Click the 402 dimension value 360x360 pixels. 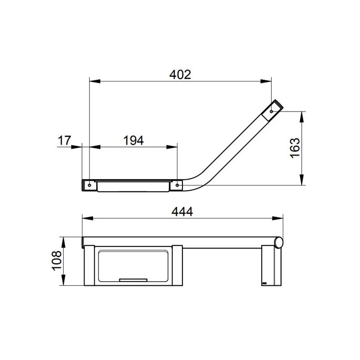coord(180,74)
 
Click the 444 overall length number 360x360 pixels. coord(182,212)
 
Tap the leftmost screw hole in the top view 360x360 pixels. coord(90,185)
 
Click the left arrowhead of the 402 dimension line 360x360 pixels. coord(92,81)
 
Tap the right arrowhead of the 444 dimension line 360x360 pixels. coord(280,219)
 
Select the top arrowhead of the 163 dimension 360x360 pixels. coord(301,114)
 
